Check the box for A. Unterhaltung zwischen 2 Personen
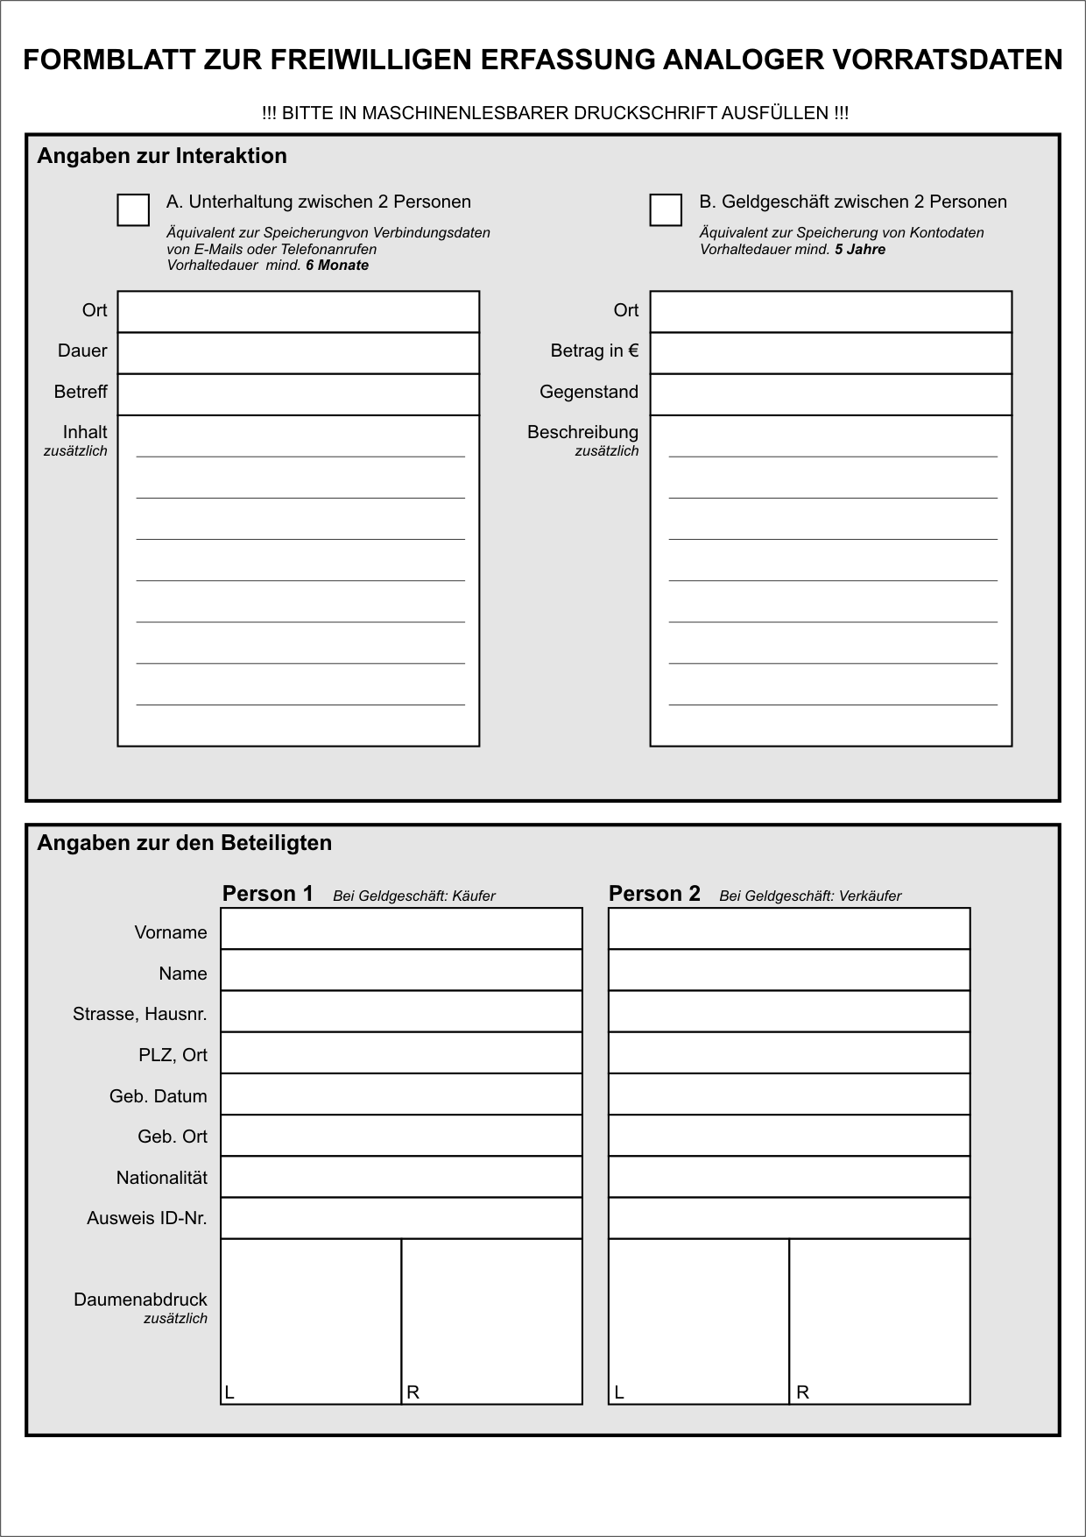click(133, 210)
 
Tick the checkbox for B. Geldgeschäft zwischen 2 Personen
click(666, 210)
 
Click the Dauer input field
click(299, 353)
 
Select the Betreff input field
click(299, 394)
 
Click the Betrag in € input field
click(830, 353)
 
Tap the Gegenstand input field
click(830, 394)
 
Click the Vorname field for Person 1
click(401, 929)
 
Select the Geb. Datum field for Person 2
click(789, 1094)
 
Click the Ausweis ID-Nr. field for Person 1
click(401, 1218)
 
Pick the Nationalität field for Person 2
click(789, 1177)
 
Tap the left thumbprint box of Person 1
click(311, 1321)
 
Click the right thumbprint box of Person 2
click(879, 1321)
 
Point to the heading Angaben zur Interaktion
click(162, 156)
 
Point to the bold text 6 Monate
click(337, 266)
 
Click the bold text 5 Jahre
click(860, 249)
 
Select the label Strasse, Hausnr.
click(140, 1014)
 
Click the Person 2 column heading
click(654, 893)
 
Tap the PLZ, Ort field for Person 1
click(401, 1053)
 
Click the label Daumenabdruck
click(140, 1300)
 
